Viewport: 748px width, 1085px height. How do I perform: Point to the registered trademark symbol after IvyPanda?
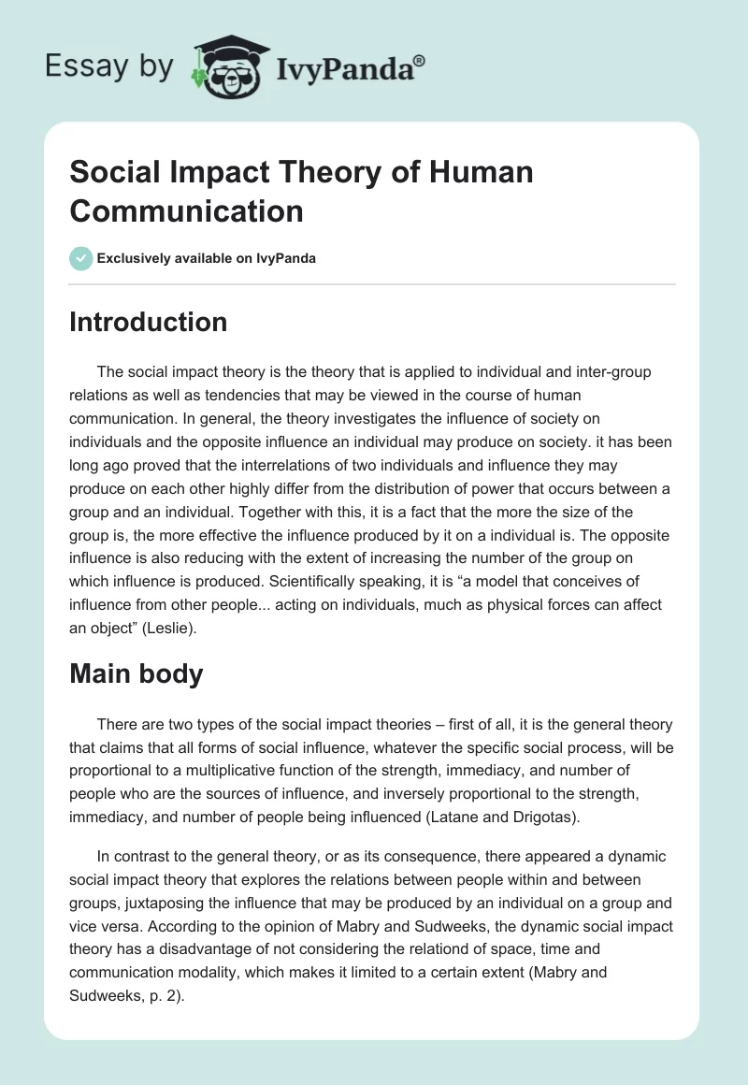[420, 59]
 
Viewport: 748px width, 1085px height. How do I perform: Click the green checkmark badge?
[81, 258]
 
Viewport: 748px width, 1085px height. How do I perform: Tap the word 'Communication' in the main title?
[187, 210]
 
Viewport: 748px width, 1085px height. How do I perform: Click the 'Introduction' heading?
[149, 323]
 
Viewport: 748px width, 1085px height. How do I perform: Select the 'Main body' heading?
[137, 674]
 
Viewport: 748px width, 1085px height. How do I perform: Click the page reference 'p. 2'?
[165, 995]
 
